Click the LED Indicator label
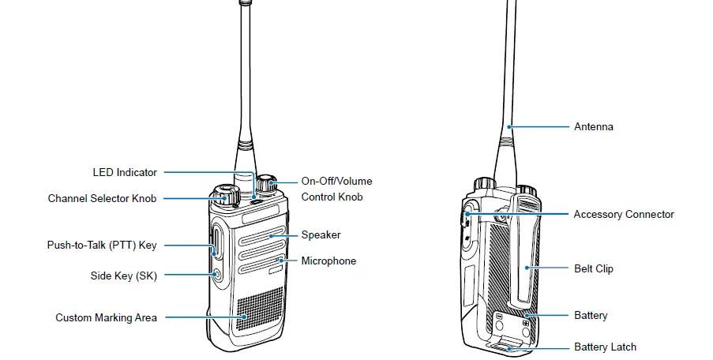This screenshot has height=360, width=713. [x=125, y=172]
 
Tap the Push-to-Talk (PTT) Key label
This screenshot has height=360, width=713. [x=101, y=246]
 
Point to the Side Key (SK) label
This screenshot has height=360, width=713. [x=123, y=276]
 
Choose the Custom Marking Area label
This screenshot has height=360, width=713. [x=106, y=318]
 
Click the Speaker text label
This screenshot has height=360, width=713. [x=321, y=235]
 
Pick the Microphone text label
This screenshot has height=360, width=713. [x=328, y=261]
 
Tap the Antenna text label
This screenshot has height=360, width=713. [x=593, y=127]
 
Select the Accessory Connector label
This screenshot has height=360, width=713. [x=624, y=215]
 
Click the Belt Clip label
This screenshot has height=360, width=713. [x=593, y=269]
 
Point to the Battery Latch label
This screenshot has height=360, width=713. [x=605, y=347]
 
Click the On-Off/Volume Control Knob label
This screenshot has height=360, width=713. [x=336, y=189]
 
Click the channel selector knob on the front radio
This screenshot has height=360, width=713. [x=224, y=194]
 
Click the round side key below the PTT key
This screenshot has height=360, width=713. [x=217, y=275]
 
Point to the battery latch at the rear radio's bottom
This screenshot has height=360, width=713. [x=505, y=344]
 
